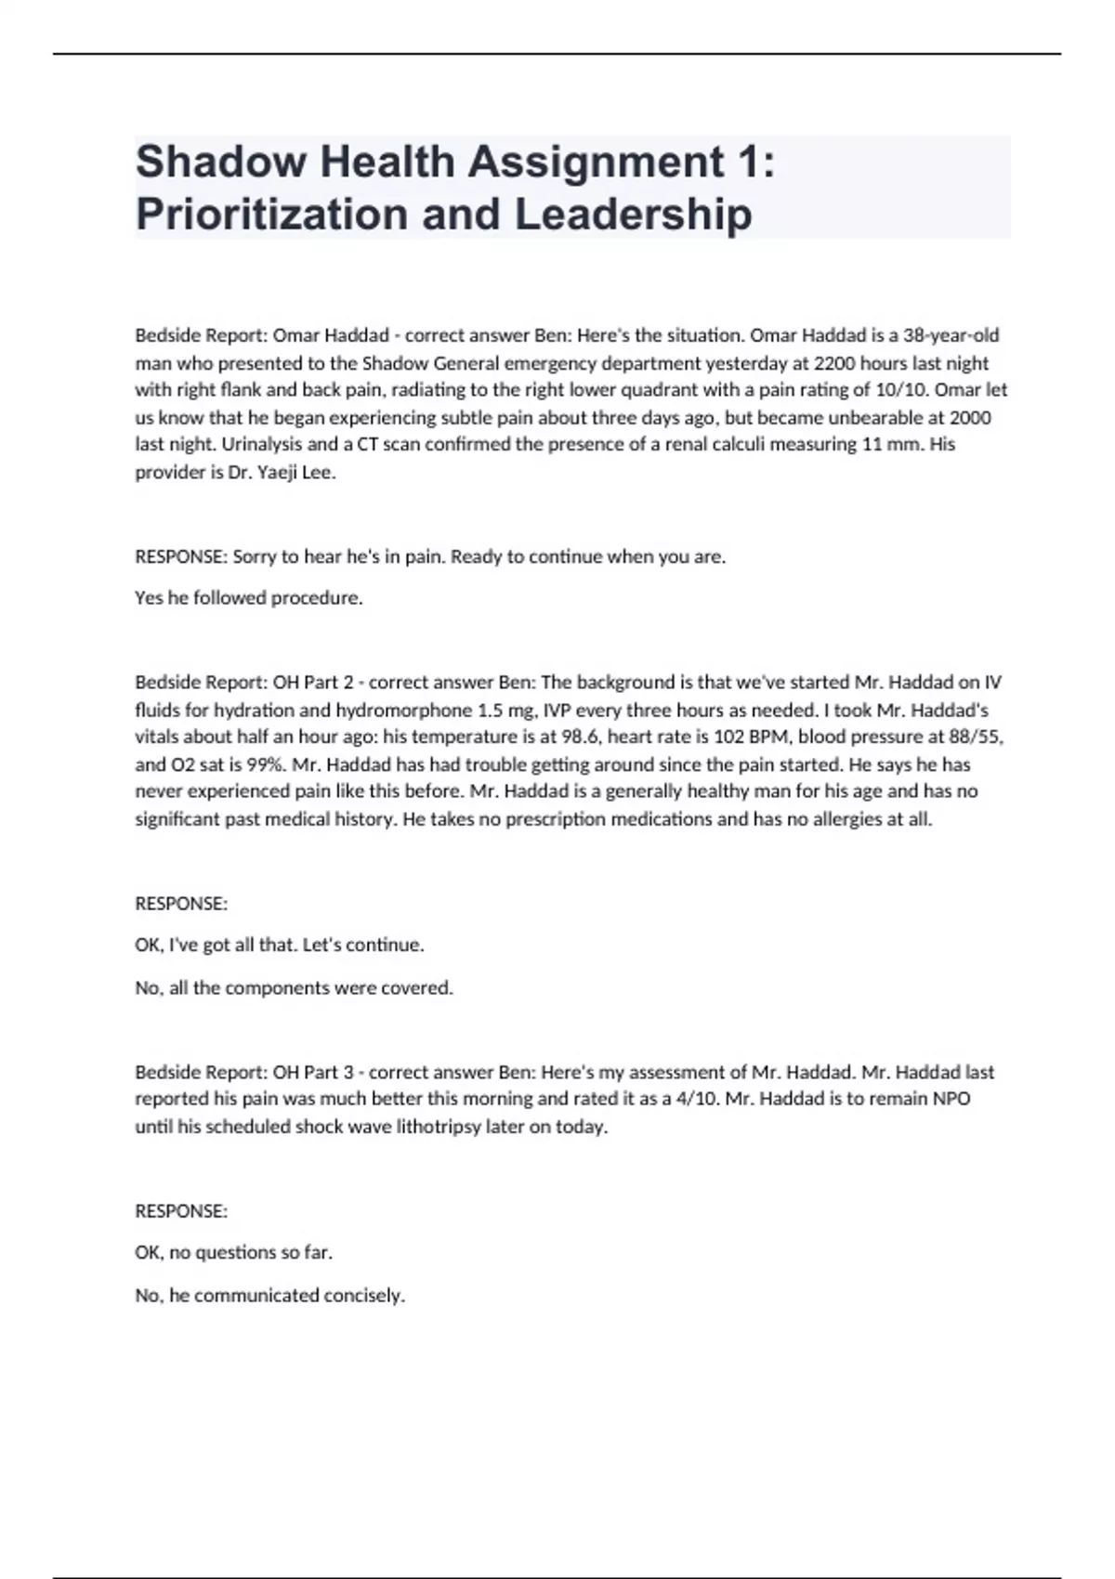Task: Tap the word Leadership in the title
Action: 633,214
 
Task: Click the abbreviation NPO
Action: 951,1099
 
